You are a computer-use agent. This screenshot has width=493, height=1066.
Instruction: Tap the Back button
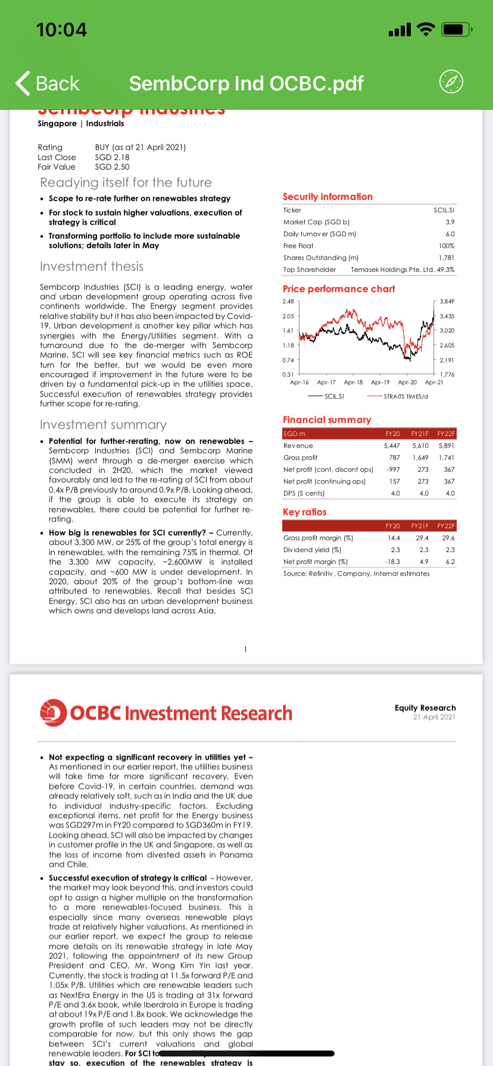pos(48,83)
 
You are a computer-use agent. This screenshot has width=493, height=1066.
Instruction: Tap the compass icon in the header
pos(451,81)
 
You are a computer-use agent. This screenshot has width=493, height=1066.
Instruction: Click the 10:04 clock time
pos(61,29)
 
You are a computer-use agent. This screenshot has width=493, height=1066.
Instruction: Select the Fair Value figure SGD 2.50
pos(112,167)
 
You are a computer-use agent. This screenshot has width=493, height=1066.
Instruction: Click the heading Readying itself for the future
pos(126,183)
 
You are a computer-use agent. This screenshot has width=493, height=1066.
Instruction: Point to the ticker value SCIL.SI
pos(444,210)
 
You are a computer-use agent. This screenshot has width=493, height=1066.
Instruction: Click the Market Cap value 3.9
pos(450,222)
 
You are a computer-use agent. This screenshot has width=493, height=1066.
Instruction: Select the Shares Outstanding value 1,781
pos(447,258)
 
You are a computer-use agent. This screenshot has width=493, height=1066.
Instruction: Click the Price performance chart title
pos(339,289)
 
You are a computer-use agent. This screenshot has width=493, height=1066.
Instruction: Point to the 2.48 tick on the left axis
pos(288,302)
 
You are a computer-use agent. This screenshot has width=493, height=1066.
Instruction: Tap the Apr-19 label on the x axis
pos(380,382)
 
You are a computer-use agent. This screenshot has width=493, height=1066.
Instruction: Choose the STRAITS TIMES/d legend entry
pos(405,396)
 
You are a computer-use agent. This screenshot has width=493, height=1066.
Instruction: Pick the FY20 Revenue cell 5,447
pos(392,446)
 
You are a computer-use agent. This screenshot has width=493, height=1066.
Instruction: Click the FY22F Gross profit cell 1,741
pos(446,457)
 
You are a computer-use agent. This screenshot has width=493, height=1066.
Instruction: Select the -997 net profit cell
pos(393,469)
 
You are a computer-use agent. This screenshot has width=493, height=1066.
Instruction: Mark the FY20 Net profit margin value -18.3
pos(392,562)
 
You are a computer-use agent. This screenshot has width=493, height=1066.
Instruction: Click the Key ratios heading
pos(304,512)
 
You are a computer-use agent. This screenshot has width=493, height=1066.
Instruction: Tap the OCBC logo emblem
pos(53,713)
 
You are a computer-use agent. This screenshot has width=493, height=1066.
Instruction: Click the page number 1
pos(245,649)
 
